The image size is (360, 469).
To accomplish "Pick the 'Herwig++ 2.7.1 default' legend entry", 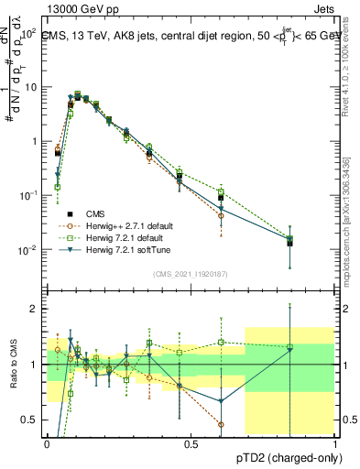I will pos(127,225).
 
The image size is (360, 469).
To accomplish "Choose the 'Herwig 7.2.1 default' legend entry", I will pos(124,237).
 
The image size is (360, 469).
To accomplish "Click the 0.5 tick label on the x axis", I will pos(191,443).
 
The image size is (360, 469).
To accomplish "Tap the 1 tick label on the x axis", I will pos(335,443).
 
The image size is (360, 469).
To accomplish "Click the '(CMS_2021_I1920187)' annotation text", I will pos(191,273).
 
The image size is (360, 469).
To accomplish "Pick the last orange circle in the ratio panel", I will pos(221,424).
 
